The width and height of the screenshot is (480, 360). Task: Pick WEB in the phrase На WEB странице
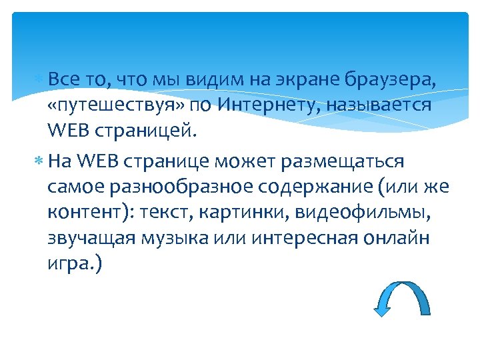click(99, 163)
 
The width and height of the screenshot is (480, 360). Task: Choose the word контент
click(87, 213)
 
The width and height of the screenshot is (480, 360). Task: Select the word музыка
click(189, 239)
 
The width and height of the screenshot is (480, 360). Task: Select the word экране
click(302, 81)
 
